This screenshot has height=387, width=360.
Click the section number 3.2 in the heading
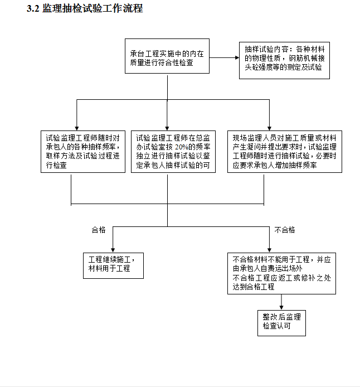33,8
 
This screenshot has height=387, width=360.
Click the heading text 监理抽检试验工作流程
93,8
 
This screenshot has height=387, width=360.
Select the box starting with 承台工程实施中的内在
167,56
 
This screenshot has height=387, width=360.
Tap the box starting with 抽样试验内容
284,60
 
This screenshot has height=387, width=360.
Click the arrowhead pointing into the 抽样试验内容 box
237,58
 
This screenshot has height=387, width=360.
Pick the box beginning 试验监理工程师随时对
83,152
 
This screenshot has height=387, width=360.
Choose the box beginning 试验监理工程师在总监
173,152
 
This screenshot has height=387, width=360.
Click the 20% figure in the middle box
182,147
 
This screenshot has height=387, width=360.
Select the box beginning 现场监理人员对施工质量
285,152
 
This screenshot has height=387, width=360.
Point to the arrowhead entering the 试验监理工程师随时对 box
77,128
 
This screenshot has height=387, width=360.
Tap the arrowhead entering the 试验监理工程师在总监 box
167,128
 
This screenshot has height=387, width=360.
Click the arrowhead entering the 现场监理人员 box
269,128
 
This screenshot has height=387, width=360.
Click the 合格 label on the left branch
99,230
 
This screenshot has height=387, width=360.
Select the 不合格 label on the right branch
285,230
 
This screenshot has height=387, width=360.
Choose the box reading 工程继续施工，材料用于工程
113,265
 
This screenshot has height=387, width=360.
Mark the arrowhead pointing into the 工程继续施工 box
113,250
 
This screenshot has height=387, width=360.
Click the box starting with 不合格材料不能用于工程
281,273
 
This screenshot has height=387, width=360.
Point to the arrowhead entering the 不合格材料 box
269,250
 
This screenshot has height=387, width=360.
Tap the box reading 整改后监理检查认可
281,323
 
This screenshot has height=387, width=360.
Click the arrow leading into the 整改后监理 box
281,302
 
